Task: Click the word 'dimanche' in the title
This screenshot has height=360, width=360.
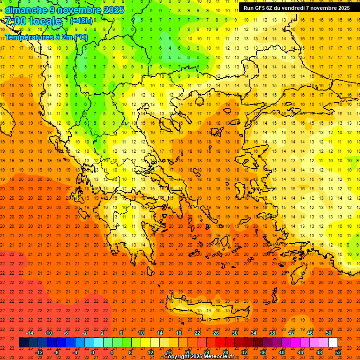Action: click(23, 9)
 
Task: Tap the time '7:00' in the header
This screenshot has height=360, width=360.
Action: click(15, 21)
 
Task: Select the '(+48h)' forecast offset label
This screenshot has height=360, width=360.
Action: click(81, 21)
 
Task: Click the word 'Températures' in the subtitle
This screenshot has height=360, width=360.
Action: click(30, 37)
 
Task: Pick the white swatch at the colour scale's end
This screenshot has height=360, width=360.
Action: click(333, 343)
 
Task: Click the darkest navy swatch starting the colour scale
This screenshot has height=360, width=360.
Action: click(23, 343)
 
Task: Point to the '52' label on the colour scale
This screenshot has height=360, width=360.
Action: click(338, 352)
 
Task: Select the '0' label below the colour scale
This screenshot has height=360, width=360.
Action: click(93, 352)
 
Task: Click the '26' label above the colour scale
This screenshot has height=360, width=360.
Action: click(216, 333)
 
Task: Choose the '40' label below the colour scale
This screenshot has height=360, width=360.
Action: click(282, 352)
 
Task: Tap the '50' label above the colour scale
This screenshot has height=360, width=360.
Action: click(329, 333)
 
